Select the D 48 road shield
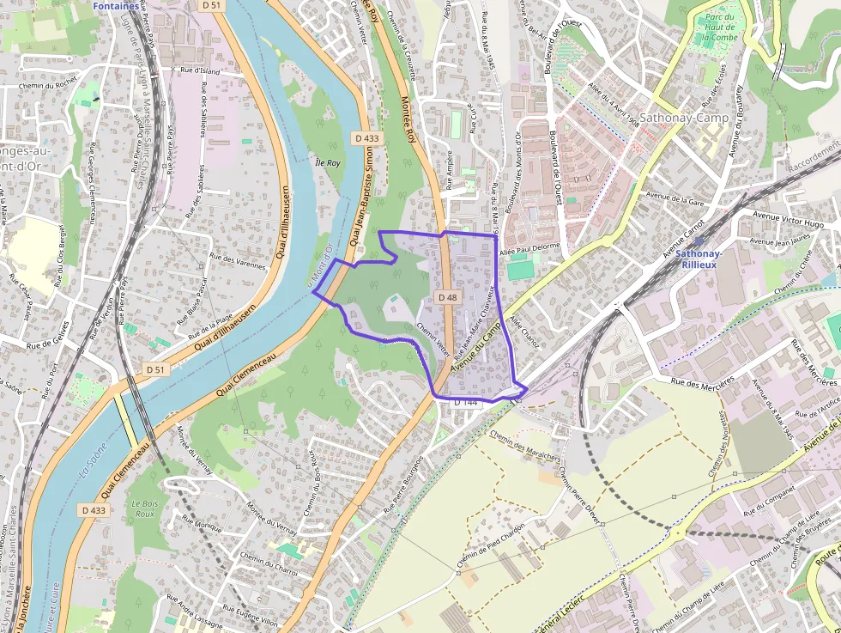(x=447, y=297)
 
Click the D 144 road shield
(x=464, y=402)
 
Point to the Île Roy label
(x=328, y=162)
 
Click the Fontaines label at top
(x=115, y=6)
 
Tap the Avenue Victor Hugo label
(x=788, y=218)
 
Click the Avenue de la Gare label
(x=675, y=200)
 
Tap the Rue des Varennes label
(x=238, y=261)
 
